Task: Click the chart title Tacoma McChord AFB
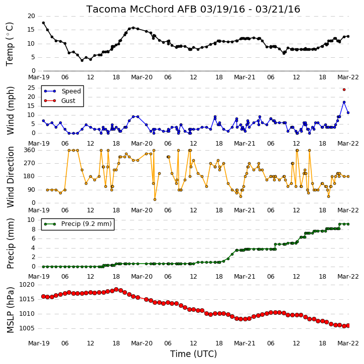click(142, 9)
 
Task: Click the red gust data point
click(344, 89)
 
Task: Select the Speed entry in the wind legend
click(62, 91)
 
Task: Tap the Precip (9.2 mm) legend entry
click(78, 224)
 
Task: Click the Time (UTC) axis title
click(193, 354)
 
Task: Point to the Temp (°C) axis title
click(10, 44)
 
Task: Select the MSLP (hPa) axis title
click(10, 310)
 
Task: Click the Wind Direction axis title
click(10, 177)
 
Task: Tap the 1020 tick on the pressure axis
click(27, 285)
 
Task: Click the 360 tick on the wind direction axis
click(29, 150)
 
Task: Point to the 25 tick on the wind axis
click(31, 88)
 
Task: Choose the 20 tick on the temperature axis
click(31, 16)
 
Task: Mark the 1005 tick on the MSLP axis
click(27, 328)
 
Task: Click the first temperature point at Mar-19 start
click(43, 23)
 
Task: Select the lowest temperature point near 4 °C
click(82, 60)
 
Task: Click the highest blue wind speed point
click(344, 102)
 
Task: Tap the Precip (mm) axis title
click(10, 244)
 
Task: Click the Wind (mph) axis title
click(10, 110)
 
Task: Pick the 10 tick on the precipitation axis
click(31, 220)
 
